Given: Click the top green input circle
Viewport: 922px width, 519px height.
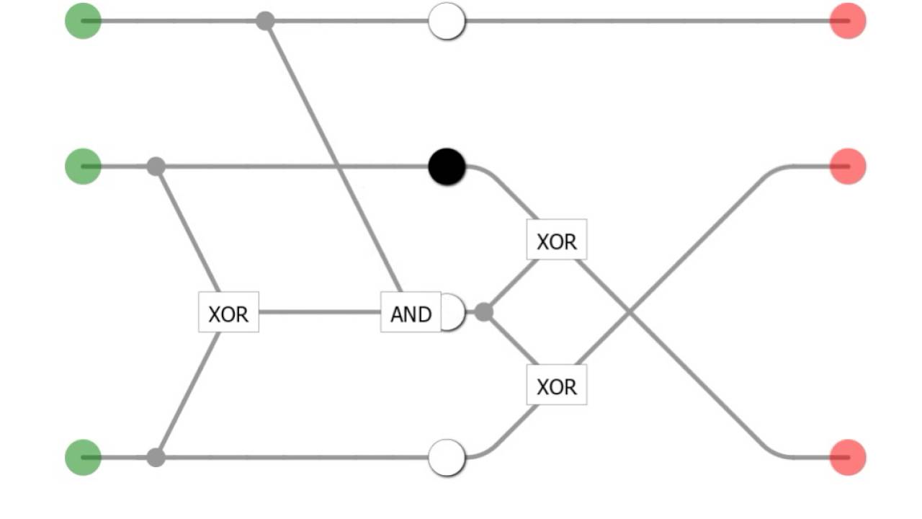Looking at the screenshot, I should tap(83, 21).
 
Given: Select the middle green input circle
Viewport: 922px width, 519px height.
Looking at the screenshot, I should tap(83, 167).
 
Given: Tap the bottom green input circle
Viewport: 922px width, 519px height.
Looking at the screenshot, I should tap(83, 457).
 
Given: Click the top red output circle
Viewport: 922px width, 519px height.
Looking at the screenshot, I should tap(848, 21).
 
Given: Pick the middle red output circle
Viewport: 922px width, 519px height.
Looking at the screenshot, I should tap(848, 167).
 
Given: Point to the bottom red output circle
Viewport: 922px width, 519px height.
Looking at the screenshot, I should tap(848, 457).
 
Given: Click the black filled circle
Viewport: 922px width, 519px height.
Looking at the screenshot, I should tap(447, 167).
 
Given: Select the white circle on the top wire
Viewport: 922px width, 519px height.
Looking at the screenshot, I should tap(447, 21).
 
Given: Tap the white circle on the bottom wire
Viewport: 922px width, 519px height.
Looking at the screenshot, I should tap(447, 457).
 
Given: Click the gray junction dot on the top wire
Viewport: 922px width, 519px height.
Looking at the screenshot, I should tap(265, 21).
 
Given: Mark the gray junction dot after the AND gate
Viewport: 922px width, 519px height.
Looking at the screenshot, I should tap(484, 312).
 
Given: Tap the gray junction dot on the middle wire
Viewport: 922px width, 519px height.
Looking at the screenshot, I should tap(156, 167).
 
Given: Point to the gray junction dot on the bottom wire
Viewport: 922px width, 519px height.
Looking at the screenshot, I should tap(156, 457).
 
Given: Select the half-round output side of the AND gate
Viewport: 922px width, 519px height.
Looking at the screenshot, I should tap(454, 312).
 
